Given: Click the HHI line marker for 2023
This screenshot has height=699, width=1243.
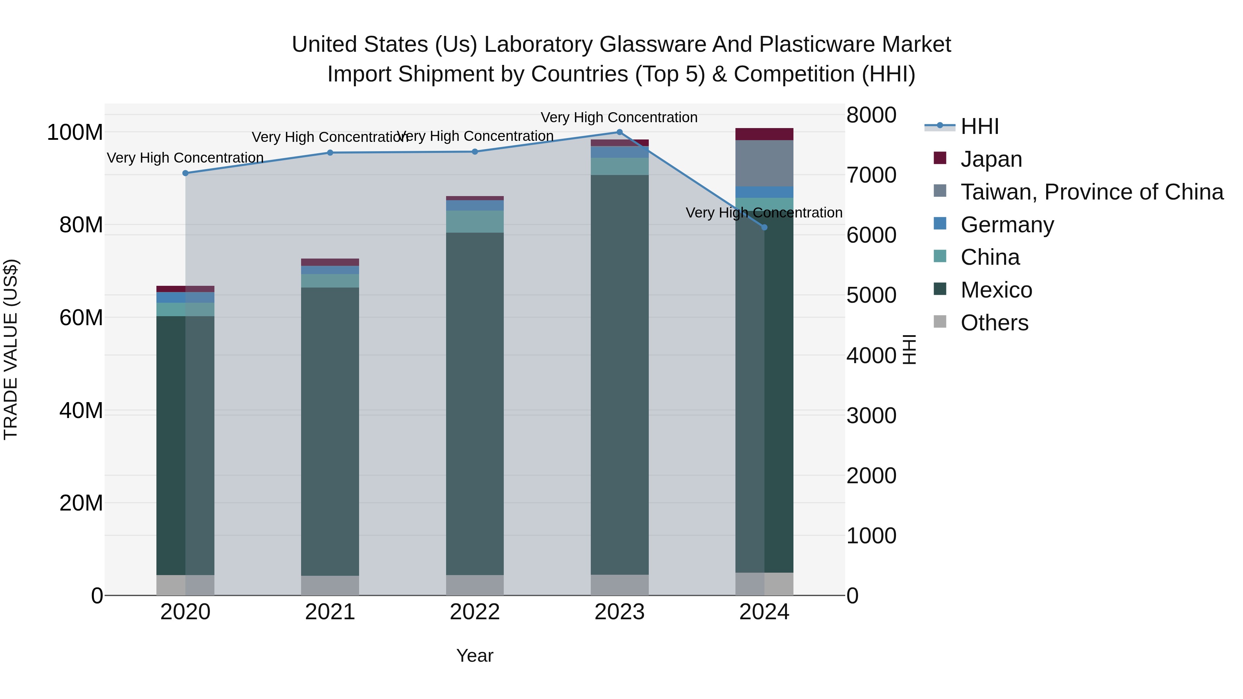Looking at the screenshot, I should (619, 132).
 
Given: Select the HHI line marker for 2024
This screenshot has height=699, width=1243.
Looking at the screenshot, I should (764, 227).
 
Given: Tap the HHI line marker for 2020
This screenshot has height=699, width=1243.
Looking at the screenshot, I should (185, 173).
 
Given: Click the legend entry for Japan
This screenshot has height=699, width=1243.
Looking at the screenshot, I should (991, 159).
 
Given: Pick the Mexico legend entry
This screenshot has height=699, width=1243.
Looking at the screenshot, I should (996, 290).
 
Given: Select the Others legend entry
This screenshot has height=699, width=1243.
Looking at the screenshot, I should (994, 323).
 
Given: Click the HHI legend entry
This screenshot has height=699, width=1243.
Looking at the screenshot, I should (979, 126).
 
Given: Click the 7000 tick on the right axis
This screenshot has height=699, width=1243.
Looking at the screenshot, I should (871, 175).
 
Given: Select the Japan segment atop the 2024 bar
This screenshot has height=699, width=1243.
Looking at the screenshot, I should (764, 134).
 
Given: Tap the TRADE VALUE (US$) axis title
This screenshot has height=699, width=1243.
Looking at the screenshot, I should (11, 349).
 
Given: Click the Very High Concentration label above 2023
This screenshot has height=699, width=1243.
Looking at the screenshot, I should (619, 117).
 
